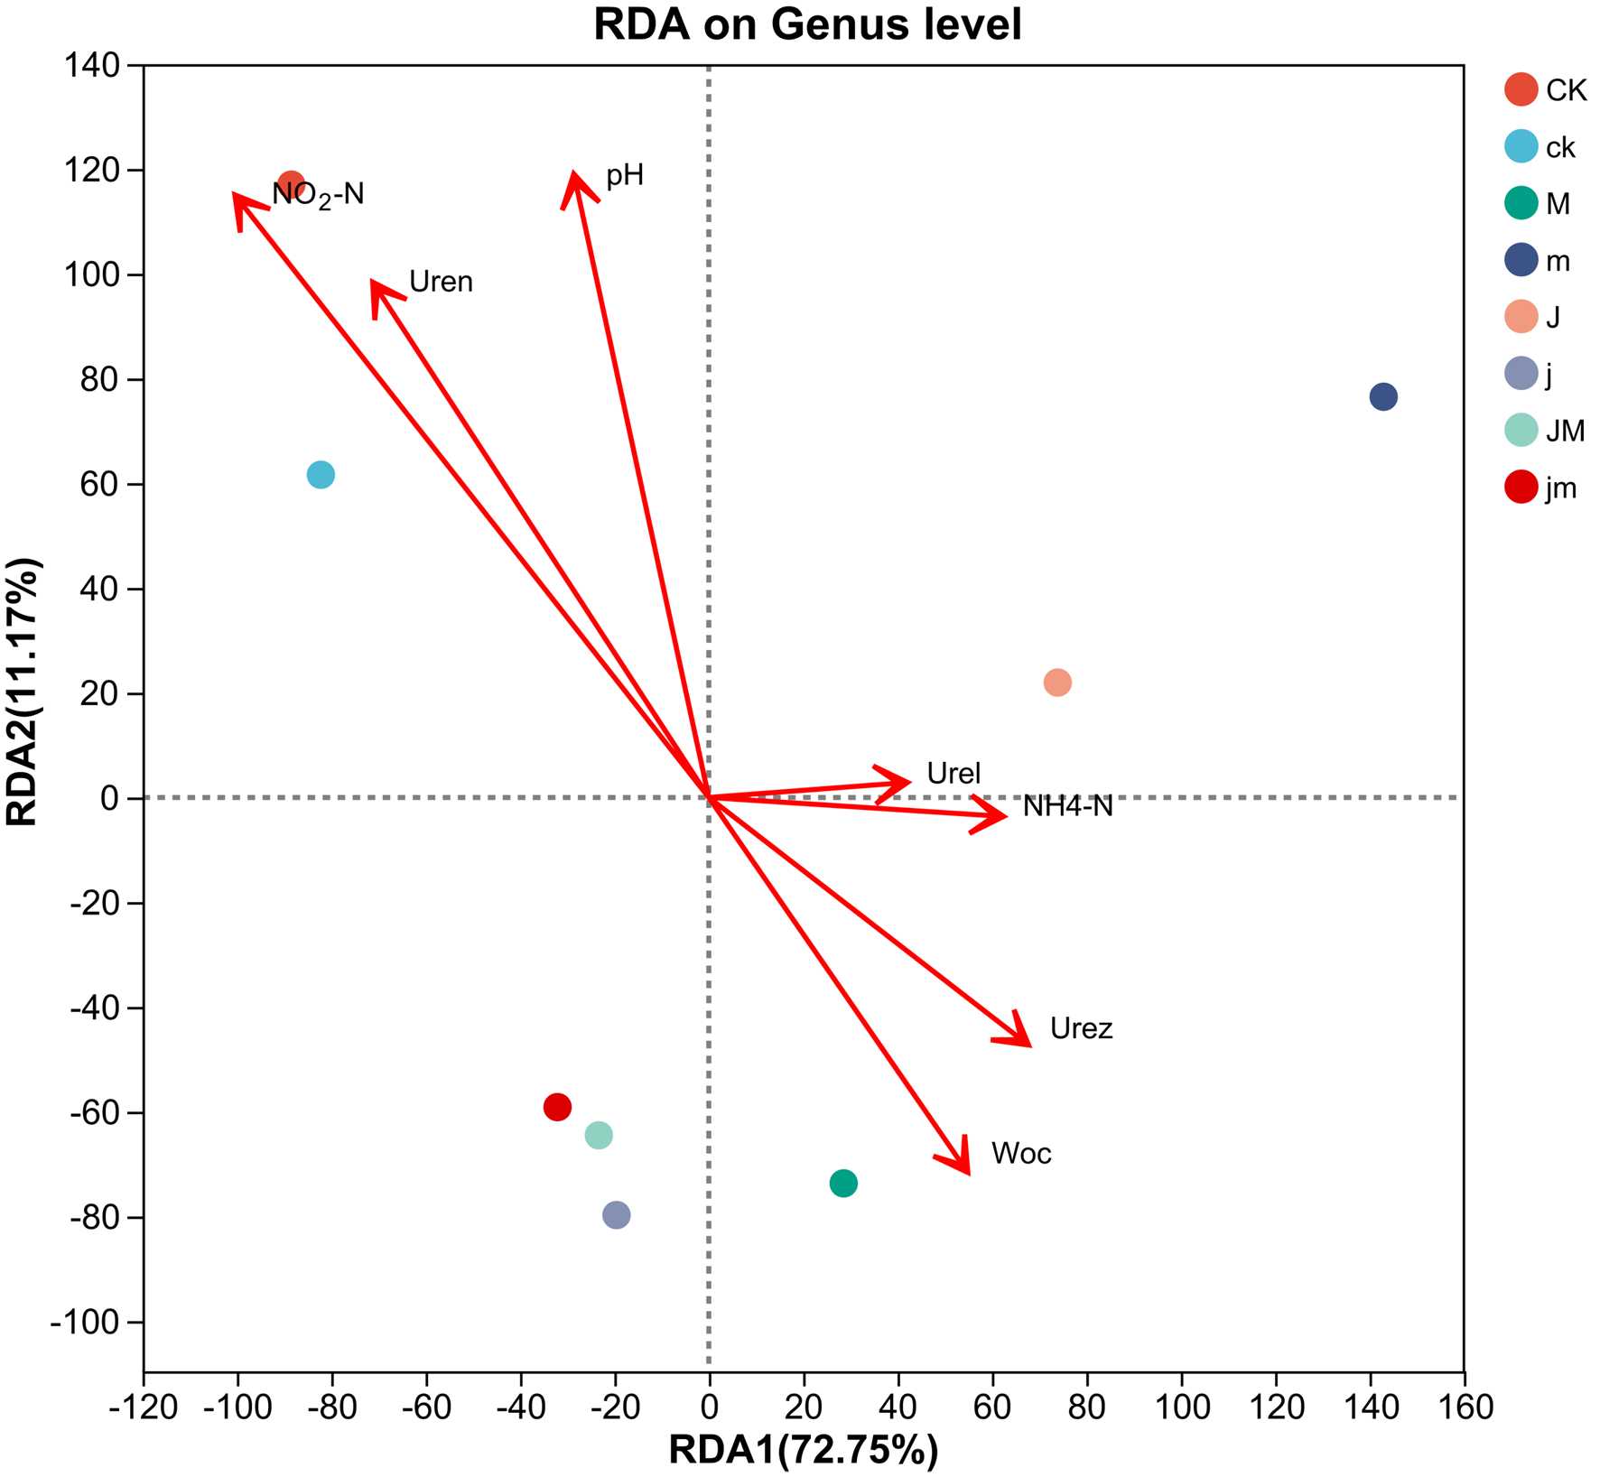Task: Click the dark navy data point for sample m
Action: (x=1382, y=396)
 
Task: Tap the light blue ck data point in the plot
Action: (x=321, y=474)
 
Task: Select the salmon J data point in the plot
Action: (x=1057, y=683)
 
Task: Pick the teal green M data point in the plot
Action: (x=842, y=1183)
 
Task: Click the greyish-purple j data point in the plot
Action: (x=616, y=1214)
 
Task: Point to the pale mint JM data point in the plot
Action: (x=598, y=1135)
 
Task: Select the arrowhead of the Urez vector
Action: (x=1028, y=1045)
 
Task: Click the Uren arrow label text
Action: (x=441, y=283)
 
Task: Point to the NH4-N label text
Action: (x=1067, y=806)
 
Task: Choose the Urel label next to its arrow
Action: (x=953, y=774)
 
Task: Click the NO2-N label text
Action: (x=318, y=195)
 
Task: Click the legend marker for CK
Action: (x=1521, y=89)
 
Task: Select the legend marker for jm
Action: (x=1521, y=488)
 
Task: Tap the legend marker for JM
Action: (x=1521, y=431)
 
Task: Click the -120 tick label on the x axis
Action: (x=143, y=1407)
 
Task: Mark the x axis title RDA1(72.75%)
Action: (x=803, y=1450)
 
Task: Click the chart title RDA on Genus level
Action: (x=806, y=25)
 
